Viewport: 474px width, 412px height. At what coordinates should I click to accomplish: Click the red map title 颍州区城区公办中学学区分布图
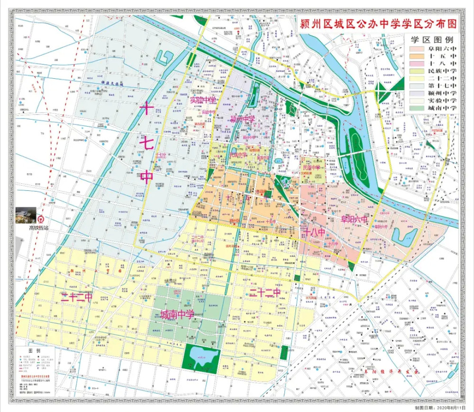(x=377, y=24)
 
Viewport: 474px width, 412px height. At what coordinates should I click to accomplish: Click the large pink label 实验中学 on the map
(x=203, y=100)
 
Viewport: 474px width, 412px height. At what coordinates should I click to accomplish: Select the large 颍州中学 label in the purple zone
(x=242, y=118)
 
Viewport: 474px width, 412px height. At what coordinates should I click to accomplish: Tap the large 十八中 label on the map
(x=314, y=233)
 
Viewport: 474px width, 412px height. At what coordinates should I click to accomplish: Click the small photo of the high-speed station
(x=26, y=215)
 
